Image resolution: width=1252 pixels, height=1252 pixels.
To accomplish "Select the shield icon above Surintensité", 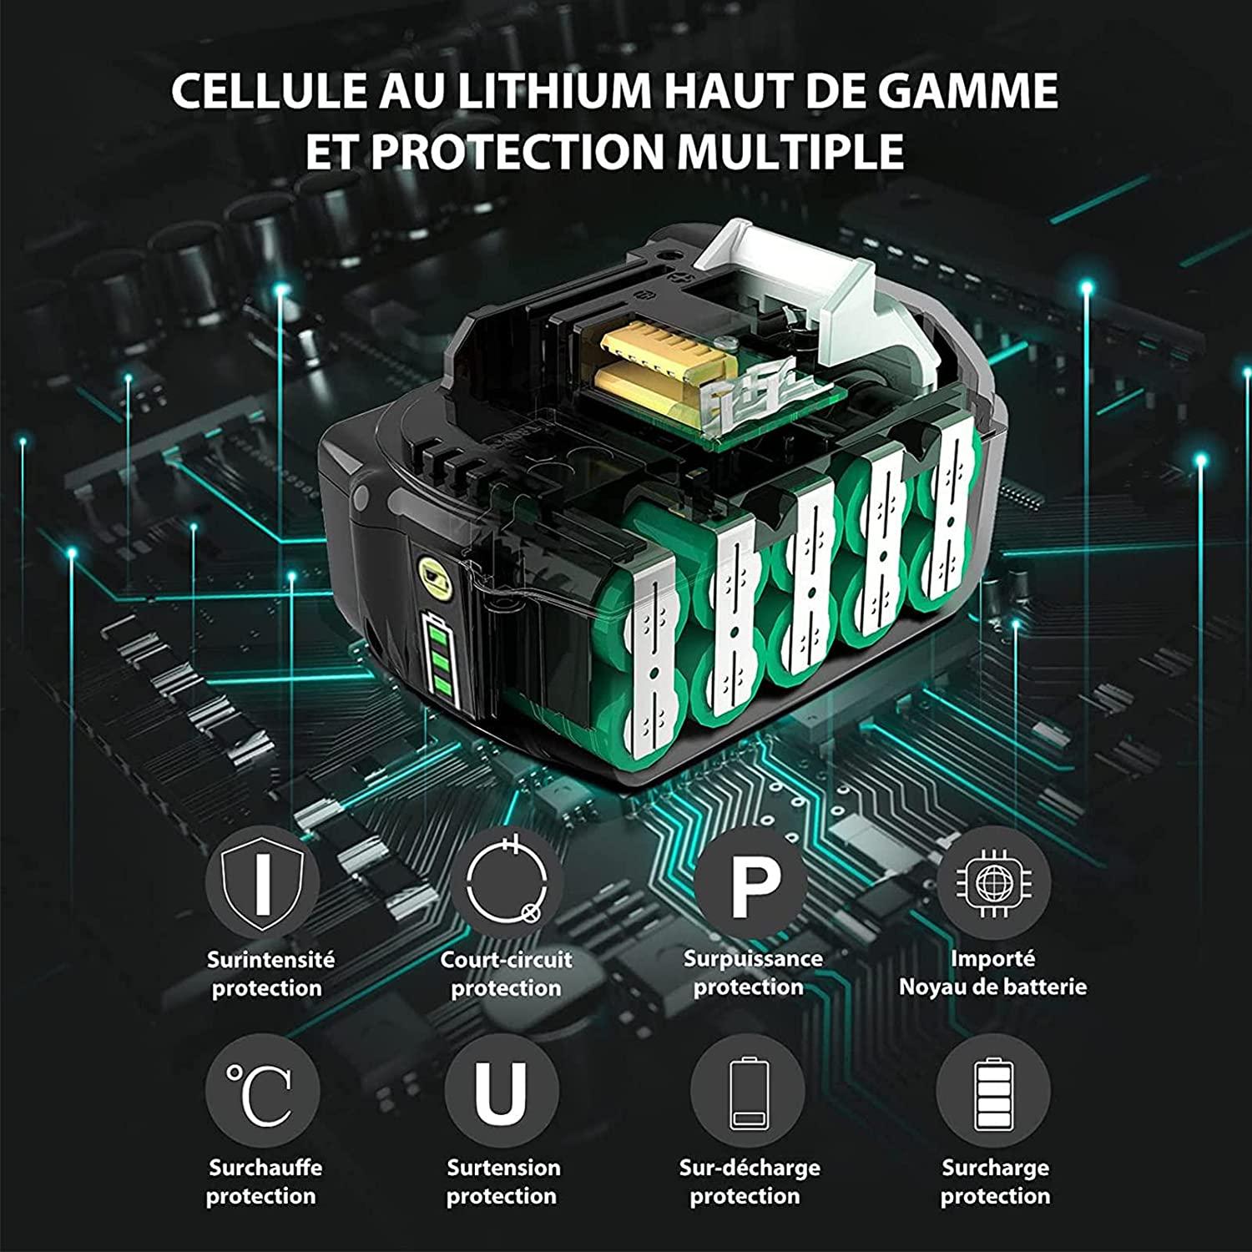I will (262, 882).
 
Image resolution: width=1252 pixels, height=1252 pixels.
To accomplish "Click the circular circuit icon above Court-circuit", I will (507, 882).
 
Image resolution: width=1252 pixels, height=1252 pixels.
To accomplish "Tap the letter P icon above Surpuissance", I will (750, 882).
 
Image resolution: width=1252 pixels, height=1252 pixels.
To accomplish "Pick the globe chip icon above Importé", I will (993, 881).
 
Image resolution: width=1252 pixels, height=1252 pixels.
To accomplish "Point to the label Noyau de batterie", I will (992, 987).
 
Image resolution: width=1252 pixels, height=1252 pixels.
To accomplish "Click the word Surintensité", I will (270, 960).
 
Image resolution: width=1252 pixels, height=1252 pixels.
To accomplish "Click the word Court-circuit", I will (506, 960).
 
